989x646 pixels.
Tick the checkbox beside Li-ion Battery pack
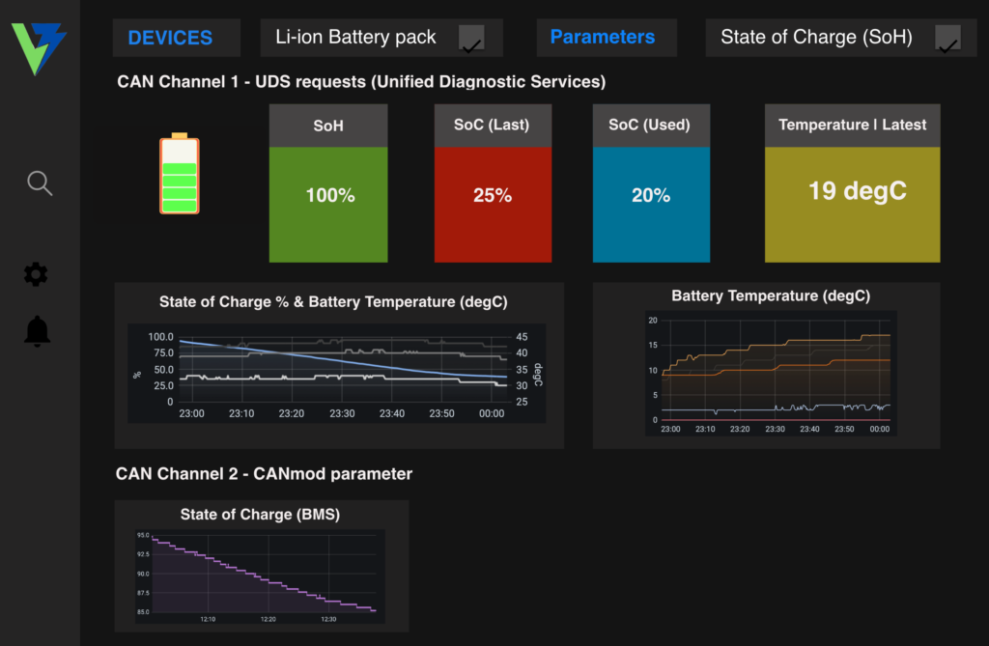[471, 39]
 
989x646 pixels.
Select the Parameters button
[603, 38]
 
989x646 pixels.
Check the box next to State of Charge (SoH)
[947, 39]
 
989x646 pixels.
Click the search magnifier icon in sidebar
[40, 183]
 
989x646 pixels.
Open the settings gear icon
[36, 274]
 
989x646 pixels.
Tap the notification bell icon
[38, 331]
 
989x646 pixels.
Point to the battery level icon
[180, 174]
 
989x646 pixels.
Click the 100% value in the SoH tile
[330, 195]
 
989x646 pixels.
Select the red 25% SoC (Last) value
[493, 195]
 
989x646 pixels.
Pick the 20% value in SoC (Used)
[651, 195]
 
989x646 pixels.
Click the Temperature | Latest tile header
[852, 125]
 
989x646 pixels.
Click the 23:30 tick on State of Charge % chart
[342, 413]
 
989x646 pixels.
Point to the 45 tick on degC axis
[522, 337]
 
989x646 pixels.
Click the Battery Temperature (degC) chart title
[770, 295]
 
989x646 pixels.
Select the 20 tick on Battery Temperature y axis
[653, 321]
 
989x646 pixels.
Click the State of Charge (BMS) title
[260, 514]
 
